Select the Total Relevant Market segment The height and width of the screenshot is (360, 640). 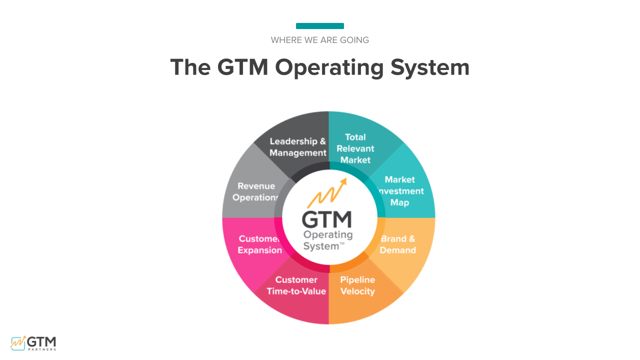click(x=355, y=148)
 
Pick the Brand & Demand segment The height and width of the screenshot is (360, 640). click(x=398, y=244)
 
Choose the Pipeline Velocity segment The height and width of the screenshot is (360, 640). click(x=357, y=285)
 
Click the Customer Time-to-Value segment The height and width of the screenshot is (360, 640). click(x=296, y=285)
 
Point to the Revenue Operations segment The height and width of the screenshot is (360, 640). click(x=255, y=192)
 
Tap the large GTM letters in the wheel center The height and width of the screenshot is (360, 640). click(x=327, y=219)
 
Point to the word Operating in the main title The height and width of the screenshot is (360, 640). click(x=329, y=67)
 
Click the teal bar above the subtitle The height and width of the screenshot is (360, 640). click(x=319, y=26)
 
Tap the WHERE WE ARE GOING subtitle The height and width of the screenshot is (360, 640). click(x=320, y=40)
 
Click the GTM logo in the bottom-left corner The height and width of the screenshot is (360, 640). click(x=33, y=342)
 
